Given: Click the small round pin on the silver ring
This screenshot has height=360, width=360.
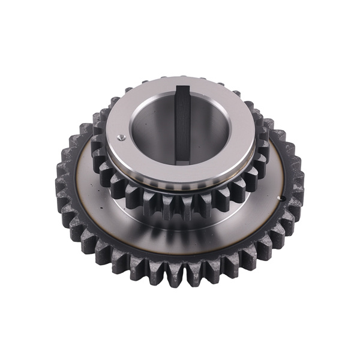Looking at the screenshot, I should click(x=122, y=137).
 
